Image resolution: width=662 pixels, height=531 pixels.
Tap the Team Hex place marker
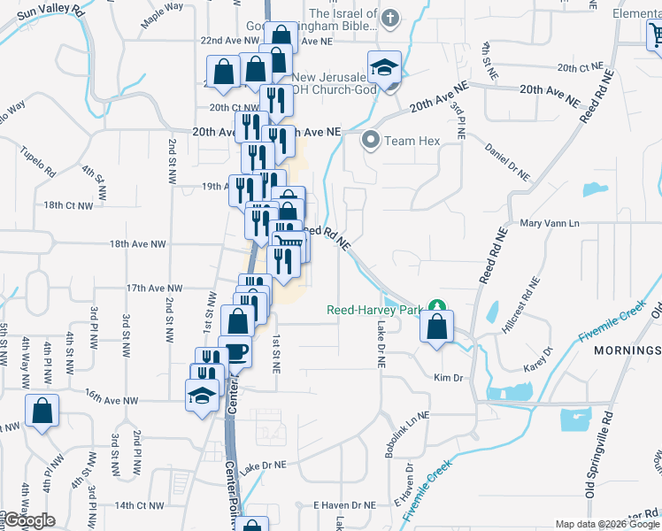[371, 141]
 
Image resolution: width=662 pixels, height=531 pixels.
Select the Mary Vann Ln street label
[549, 224]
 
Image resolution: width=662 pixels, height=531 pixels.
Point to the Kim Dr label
[449, 378]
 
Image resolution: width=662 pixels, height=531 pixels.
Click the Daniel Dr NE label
[508, 164]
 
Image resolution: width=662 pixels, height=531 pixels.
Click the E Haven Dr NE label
[345, 504]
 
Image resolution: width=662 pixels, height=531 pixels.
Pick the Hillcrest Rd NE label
[520, 305]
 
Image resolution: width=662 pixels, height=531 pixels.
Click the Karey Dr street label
[539, 358]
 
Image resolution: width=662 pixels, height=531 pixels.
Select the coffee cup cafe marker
[235, 352]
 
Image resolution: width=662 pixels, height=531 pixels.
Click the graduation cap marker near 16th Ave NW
[203, 395]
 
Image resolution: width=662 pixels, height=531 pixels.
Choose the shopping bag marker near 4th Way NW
[42, 411]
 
